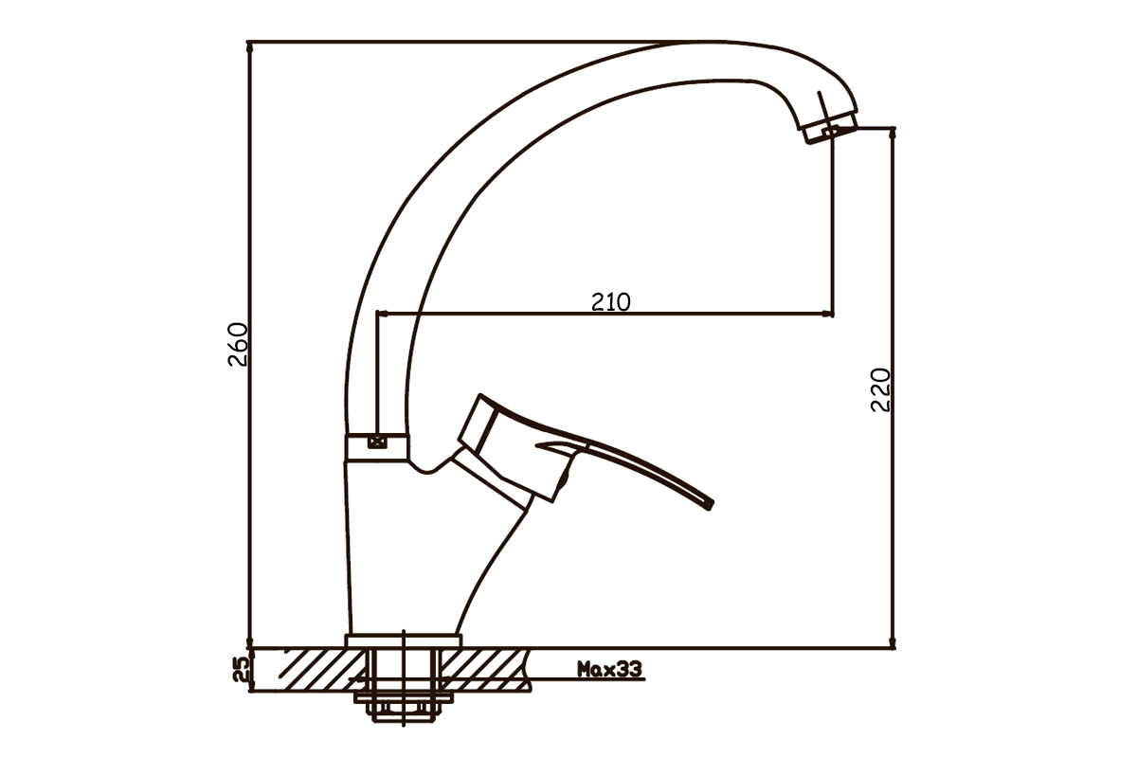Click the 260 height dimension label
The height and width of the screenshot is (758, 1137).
tap(238, 344)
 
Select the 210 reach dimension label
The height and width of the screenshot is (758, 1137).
tap(610, 302)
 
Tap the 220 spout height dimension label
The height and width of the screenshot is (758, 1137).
tap(880, 390)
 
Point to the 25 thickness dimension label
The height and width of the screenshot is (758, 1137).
tap(241, 669)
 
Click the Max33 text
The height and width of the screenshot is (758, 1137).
tap(609, 669)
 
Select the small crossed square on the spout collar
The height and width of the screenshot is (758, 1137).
tap(377, 442)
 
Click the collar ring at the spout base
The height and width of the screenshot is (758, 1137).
tap(376, 447)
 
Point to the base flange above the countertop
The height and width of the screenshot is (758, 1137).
tap(403, 641)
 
